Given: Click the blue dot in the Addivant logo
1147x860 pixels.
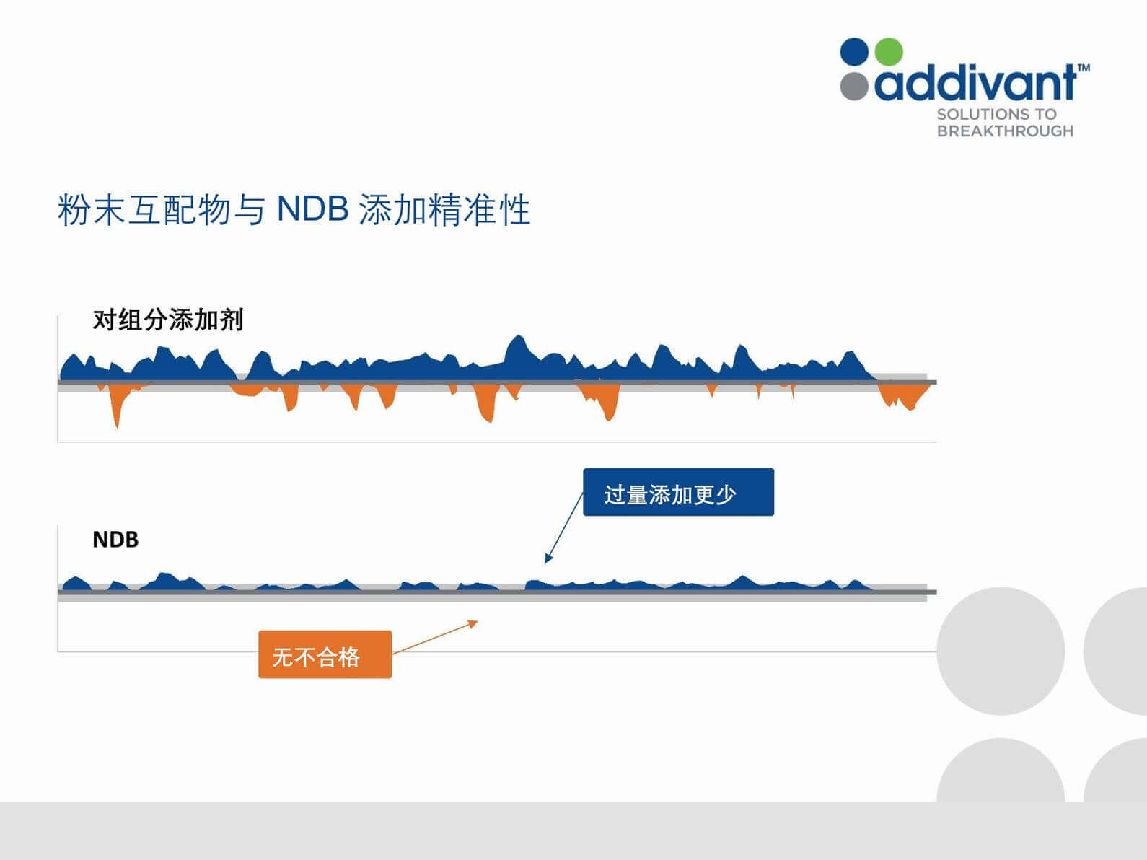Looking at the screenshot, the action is click(x=854, y=52).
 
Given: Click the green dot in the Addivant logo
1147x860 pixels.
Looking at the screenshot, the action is click(x=888, y=52).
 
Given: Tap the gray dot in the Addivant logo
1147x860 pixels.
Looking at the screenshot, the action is click(x=854, y=86).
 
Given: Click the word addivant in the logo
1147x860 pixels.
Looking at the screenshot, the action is click(x=975, y=82).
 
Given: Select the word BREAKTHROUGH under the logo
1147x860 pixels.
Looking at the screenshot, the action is click(x=1005, y=131).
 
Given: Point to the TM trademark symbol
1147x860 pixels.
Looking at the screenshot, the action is click(x=1084, y=67).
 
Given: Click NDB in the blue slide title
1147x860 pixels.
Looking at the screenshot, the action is click(x=312, y=209).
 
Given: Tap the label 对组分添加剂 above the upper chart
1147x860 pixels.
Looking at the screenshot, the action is click(x=168, y=320).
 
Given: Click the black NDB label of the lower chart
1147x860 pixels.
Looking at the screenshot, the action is click(x=115, y=540).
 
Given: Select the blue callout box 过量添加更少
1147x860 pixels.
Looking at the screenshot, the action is click(x=678, y=492).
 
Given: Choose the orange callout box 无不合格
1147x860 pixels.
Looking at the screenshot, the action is click(x=325, y=654).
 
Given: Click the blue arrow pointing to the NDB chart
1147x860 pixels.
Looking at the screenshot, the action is click(x=564, y=528).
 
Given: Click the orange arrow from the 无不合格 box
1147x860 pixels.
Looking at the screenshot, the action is click(x=435, y=637).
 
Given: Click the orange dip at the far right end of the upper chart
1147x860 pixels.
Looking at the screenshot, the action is click(x=903, y=397).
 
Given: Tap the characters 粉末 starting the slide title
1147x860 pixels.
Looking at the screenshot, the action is click(x=91, y=209).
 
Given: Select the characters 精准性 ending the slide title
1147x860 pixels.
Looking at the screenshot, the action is click(x=479, y=209).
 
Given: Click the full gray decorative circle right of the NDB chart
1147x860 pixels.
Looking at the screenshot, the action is click(x=1001, y=651).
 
